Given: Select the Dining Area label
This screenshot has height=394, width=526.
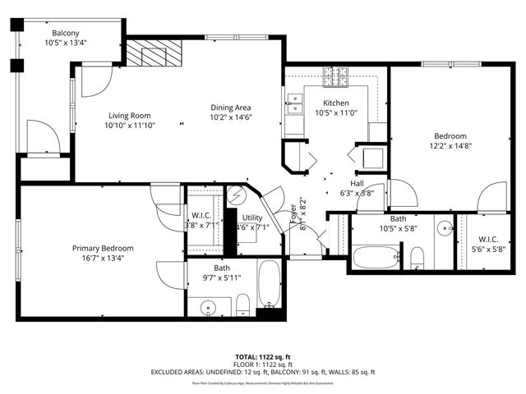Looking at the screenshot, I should [230, 108].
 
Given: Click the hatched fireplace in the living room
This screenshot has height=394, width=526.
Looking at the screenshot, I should [152, 55].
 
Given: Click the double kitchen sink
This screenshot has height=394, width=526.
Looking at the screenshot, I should [295, 103].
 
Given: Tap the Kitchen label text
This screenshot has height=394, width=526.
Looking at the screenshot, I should [337, 103].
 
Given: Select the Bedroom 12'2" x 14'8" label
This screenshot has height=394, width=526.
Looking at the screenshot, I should [450, 136].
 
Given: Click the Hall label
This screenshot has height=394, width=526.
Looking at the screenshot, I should [358, 184].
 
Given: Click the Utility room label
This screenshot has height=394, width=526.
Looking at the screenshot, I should [252, 218].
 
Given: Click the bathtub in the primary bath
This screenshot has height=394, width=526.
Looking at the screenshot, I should [270, 284].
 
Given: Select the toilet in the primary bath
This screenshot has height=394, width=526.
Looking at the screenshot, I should [242, 307].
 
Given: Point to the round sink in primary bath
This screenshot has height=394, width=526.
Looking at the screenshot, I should [209, 308].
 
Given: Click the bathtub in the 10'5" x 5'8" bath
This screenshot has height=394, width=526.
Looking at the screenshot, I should [376, 257].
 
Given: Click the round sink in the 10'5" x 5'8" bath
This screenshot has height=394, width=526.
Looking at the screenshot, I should [444, 227].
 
